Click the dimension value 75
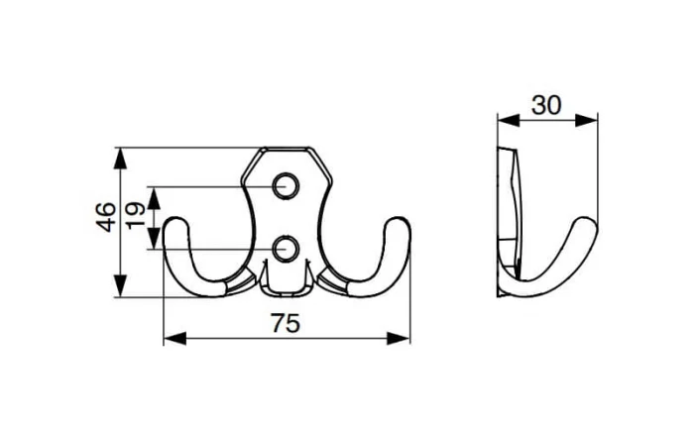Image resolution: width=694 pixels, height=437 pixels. tap(286, 323)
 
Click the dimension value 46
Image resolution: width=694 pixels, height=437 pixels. tap(106, 217)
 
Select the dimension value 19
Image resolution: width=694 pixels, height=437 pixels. tap(136, 215)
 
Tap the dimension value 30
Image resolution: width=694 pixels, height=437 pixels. tap(546, 105)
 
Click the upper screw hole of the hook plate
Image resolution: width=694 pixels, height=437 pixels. tap(286, 186)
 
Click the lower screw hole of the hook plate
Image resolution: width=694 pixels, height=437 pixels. tap(286, 249)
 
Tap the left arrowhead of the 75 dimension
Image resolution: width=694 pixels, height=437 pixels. tap(175, 338)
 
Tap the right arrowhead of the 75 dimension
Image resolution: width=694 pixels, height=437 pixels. tap(399, 338)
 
